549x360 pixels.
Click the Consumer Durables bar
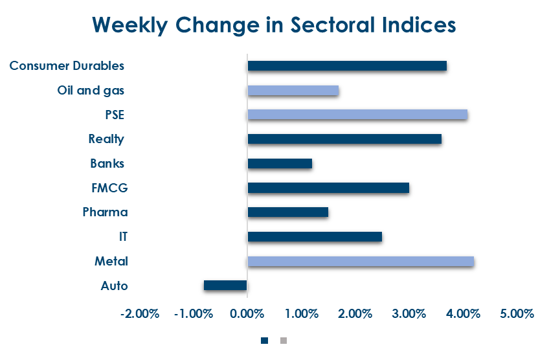point(347,66)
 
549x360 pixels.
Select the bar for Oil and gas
point(293,91)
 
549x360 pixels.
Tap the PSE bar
point(357,115)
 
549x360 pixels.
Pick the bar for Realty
point(344,139)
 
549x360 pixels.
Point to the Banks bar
point(280,164)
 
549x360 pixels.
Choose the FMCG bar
point(328,188)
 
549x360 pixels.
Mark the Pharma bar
point(287,212)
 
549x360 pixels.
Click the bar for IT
point(315,237)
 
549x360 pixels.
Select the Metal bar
point(361,262)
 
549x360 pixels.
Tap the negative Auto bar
point(225,286)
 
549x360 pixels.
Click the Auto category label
point(115,286)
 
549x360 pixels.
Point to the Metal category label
point(111,262)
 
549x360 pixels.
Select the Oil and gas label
point(91,91)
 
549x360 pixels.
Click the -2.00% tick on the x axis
point(139,314)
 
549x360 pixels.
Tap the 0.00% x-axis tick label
point(247,314)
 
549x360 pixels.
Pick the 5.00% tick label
point(517,314)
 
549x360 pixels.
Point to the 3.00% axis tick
point(409,314)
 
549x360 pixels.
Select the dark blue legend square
point(264,340)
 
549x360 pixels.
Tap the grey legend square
point(283,340)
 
